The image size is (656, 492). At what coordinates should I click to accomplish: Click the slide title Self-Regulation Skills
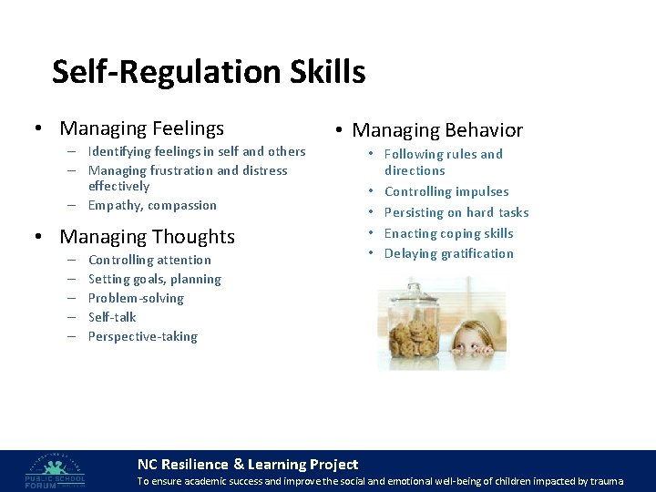tap(209, 72)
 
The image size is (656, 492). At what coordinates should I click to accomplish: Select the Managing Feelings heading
tap(141, 128)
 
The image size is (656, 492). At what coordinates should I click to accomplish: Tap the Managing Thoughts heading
tap(147, 237)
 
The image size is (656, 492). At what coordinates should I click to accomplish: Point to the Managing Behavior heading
tap(437, 130)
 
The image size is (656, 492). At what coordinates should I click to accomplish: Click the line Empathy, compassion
tap(152, 205)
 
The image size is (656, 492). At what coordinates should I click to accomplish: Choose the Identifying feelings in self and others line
tap(197, 151)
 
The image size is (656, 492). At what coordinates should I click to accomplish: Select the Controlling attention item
tap(149, 260)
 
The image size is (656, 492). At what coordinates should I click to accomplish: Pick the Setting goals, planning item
tap(155, 279)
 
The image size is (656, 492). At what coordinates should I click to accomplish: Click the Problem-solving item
tap(136, 298)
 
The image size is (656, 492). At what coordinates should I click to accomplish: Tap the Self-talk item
tap(112, 317)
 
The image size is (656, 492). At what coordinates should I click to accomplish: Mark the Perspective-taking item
tap(143, 336)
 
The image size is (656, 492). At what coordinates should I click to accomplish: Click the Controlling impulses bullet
tap(446, 191)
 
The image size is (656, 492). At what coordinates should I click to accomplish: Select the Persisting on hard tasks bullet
tap(456, 212)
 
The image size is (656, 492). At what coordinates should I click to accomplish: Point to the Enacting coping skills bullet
tap(449, 233)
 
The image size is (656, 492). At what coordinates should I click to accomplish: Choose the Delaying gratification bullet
tap(449, 253)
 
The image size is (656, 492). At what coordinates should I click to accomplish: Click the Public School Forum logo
tap(56, 469)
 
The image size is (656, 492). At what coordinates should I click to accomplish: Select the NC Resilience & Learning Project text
tap(247, 465)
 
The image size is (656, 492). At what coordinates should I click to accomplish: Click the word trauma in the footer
tap(606, 481)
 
